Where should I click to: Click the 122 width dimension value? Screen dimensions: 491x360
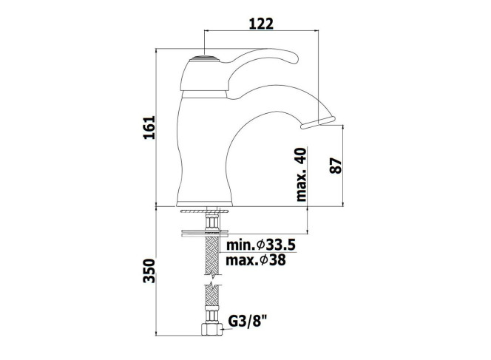pos(261,24)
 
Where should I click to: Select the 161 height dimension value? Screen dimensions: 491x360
pos(149,127)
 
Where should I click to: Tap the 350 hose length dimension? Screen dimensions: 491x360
pos(149,271)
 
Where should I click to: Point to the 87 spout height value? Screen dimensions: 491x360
pos(336,166)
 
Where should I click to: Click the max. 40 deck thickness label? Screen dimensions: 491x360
pos(301,174)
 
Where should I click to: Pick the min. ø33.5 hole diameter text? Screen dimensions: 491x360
pos(260,245)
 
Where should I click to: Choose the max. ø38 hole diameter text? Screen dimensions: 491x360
pos(256,259)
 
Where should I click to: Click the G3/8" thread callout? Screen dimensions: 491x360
pos(248,321)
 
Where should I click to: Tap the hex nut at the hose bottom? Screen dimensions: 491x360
pos(211,329)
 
